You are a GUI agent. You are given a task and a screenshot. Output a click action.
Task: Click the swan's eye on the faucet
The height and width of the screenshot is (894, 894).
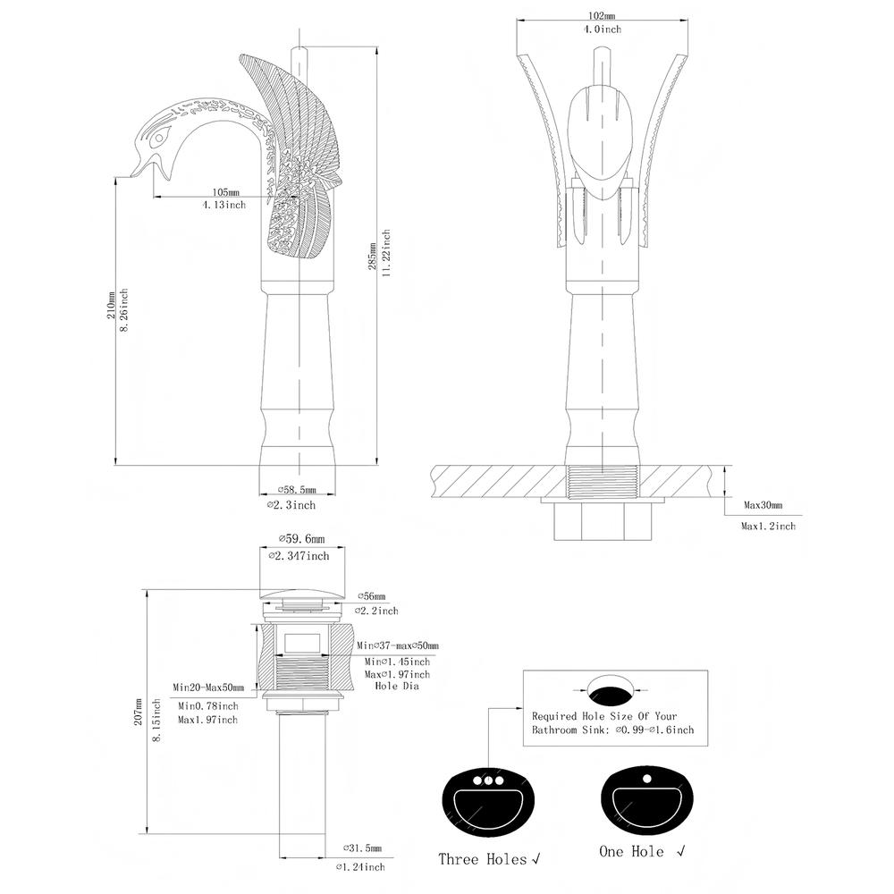click(x=162, y=135)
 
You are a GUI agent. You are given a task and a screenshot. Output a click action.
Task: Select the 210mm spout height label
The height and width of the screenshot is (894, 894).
click(x=111, y=305)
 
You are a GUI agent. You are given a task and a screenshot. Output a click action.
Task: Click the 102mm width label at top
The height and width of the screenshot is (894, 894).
click(x=602, y=16)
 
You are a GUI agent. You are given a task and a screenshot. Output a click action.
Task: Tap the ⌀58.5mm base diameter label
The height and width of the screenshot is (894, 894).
click(x=297, y=489)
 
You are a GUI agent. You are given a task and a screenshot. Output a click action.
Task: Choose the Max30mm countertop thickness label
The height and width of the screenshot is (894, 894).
click(x=763, y=505)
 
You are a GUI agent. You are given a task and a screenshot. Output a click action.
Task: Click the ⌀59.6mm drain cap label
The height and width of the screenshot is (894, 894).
click(x=301, y=538)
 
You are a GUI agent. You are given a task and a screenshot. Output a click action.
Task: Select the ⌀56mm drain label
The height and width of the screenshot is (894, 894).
click(x=371, y=595)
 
